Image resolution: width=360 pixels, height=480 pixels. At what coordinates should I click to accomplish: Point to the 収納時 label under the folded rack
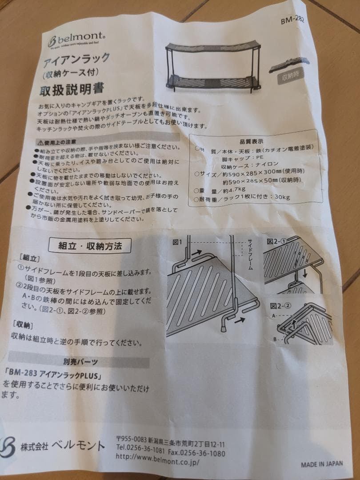pos(292,77)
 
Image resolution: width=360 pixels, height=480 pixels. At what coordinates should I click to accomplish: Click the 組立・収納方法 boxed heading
pos(90,246)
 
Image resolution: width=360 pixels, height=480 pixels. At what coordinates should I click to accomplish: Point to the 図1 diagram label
pos(178,242)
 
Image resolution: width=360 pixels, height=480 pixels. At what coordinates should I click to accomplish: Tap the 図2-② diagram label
pos(280,306)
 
